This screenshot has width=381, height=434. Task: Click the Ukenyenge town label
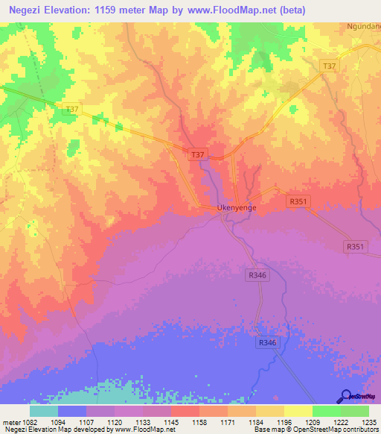coord(236,208)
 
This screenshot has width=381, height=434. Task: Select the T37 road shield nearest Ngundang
coord(329,67)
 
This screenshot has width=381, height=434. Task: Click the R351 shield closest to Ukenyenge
coord(298,201)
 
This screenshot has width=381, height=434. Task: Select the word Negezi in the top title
coord(22,10)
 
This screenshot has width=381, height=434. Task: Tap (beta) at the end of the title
coord(288,10)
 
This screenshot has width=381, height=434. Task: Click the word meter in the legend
coord(11,421)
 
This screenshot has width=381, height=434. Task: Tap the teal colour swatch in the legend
coord(44,411)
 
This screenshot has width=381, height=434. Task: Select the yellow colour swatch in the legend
coord(298,411)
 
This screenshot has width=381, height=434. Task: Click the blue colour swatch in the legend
coord(72,411)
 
